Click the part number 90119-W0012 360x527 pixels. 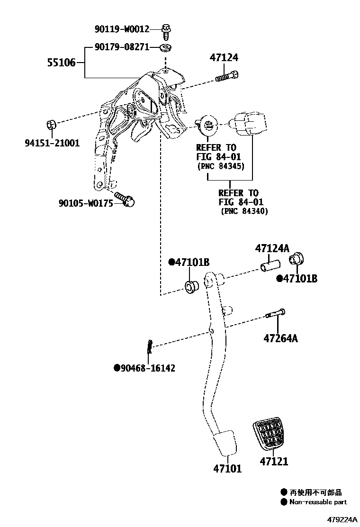coord(122,29)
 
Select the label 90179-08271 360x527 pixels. coord(122,47)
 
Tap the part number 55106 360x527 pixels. coord(61,62)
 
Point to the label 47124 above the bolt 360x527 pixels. coord(224,58)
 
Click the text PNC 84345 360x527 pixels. coord(220,167)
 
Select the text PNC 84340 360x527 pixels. coord(244,211)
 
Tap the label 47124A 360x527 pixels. coord(272,248)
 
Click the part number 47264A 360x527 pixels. coord(281,338)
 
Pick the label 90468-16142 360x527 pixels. coord(147,368)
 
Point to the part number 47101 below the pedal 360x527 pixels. coord(227,469)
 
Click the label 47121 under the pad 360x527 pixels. coord(274,461)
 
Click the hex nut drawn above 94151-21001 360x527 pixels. coord(52,125)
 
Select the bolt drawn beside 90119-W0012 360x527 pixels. coord(167,30)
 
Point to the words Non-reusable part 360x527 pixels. coord(318,502)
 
